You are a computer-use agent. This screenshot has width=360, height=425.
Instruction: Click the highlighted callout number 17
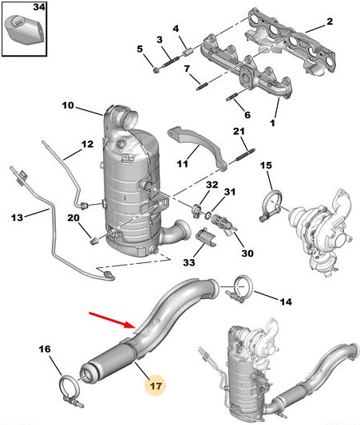pyautogui.click(x=156, y=385)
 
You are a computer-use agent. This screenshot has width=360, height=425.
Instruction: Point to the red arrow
pyautogui.click(x=113, y=320)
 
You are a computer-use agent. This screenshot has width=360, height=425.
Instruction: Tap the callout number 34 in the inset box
pyautogui.click(x=39, y=7)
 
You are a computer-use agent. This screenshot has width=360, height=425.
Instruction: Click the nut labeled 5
pyautogui.click(x=156, y=70)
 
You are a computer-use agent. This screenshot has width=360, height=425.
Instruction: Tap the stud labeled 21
pyautogui.click(x=246, y=154)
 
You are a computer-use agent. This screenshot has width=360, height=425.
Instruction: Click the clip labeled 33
pyautogui.click(x=206, y=237)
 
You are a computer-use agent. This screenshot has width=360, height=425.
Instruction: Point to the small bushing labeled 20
pyautogui.click(x=94, y=241)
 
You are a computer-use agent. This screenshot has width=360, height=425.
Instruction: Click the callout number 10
pyautogui.click(x=68, y=105)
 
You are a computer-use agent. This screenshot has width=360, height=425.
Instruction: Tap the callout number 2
pyautogui.click(x=330, y=22)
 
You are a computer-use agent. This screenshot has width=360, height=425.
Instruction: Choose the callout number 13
pyautogui.click(x=17, y=217)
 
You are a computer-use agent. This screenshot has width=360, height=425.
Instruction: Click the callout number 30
pyautogui.click(x=247, y=253)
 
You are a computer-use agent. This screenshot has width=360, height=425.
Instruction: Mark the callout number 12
pyautogui.click(x=87, y=144)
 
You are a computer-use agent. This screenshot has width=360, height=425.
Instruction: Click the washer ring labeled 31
pyautogui.click(x=208, y=215)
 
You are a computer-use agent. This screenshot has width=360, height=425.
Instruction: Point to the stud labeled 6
pyautogui.click(x=231, y=96)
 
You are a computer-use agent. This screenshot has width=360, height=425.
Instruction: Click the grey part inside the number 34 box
pyautogui.click(x=24, y=30)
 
